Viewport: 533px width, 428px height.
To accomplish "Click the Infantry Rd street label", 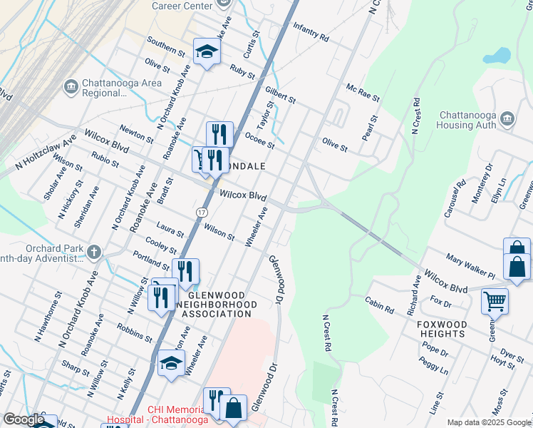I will click(x=311, y=31).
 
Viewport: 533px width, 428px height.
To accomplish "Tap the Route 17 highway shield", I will click(x=202, y=213).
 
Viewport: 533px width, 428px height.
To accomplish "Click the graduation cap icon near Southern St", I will click(x=207, y=51).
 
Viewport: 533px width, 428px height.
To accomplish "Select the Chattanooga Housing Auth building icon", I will click(x=507, y=118).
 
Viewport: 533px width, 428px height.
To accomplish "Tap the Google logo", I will click(x=24, y=419).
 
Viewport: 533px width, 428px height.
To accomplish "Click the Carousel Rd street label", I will click(x=455, y=192).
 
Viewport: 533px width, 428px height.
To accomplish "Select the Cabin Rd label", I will click(x=379, y=305).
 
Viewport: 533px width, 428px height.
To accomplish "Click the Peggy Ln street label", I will click(x=435, y=366).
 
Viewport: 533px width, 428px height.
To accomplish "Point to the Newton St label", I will click(x=136, y=132).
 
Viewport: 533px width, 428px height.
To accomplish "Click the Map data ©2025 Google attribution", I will click(x=488, y=422).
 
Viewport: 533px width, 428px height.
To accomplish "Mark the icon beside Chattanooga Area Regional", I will click(x=71, y=87).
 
